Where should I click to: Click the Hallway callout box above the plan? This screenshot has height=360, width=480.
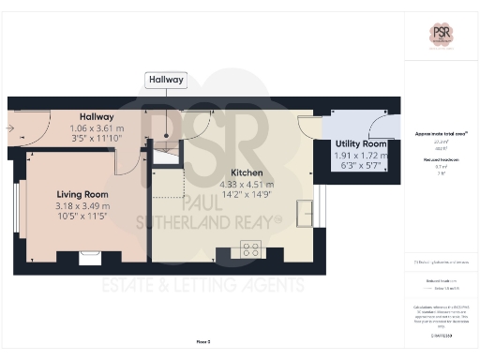[x=166, y=81]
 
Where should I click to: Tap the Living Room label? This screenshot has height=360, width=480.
[x=82, y=194]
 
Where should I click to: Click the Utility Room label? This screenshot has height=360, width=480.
[x=362, y=143]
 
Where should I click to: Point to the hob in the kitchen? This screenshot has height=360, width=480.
[x=251, y=249]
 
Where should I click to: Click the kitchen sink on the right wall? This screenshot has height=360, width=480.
[x=305, y=213]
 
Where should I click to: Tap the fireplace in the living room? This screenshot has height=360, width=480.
[x=89, y=254]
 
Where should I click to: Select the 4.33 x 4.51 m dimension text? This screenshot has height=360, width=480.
[x=247, y=185]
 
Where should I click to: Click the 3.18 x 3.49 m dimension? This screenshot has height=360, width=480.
[x=82, y=205]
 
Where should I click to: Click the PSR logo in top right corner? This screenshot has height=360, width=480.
[x=442, y=33]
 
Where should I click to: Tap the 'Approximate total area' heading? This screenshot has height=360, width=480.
[x=441, y=134]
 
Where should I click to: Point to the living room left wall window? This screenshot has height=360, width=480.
[x=17, y=215]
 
